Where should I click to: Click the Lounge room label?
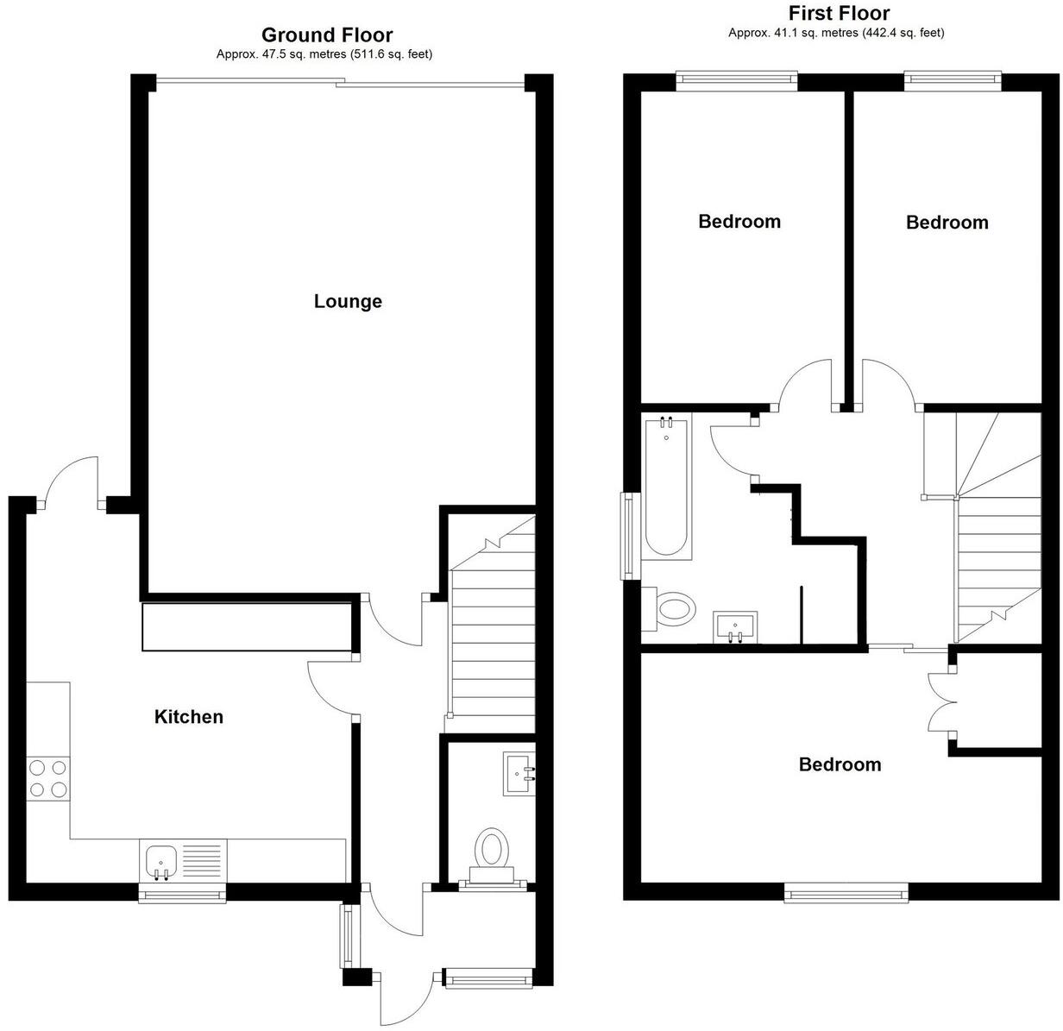(348, 302)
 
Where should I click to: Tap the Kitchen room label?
(188, 717)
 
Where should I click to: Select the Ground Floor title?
(326, 35)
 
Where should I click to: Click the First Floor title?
(839, 13)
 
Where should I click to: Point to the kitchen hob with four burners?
(47, 777)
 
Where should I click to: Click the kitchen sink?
(162, 860)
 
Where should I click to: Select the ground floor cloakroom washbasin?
(519, 773)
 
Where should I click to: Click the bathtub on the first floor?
(666, 487)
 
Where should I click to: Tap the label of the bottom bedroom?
(840, 764)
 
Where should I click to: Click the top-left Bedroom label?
(739, 222)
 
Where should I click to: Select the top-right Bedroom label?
(947, 223)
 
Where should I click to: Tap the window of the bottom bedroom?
(846, 893)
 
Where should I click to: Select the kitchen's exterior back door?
(71, 483)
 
